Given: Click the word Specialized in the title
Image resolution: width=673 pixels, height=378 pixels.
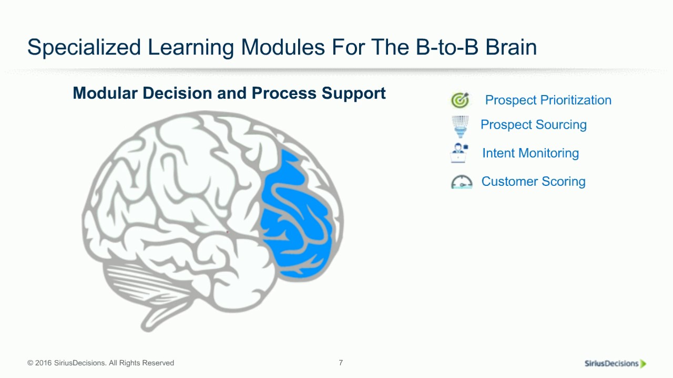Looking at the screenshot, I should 84,48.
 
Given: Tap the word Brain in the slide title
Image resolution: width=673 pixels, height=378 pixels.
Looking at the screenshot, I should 511,48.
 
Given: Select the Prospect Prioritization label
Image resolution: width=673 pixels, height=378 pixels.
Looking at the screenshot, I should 548,100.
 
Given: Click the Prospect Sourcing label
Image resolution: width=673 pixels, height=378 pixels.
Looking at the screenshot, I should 533,125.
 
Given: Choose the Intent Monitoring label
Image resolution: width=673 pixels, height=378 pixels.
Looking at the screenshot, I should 530,153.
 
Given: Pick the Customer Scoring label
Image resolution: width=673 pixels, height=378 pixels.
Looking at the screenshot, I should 533,182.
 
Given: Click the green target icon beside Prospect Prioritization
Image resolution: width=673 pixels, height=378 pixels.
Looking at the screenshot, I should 460,100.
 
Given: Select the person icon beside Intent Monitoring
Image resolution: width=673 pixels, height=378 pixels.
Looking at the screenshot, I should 459,153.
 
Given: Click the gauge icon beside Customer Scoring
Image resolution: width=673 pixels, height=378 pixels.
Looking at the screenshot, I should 462,182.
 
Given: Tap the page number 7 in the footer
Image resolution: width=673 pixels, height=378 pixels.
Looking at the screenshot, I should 341,363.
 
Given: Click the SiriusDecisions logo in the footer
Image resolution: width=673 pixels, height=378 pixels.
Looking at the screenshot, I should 615,363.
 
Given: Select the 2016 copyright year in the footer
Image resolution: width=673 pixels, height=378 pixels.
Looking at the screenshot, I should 43,363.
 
